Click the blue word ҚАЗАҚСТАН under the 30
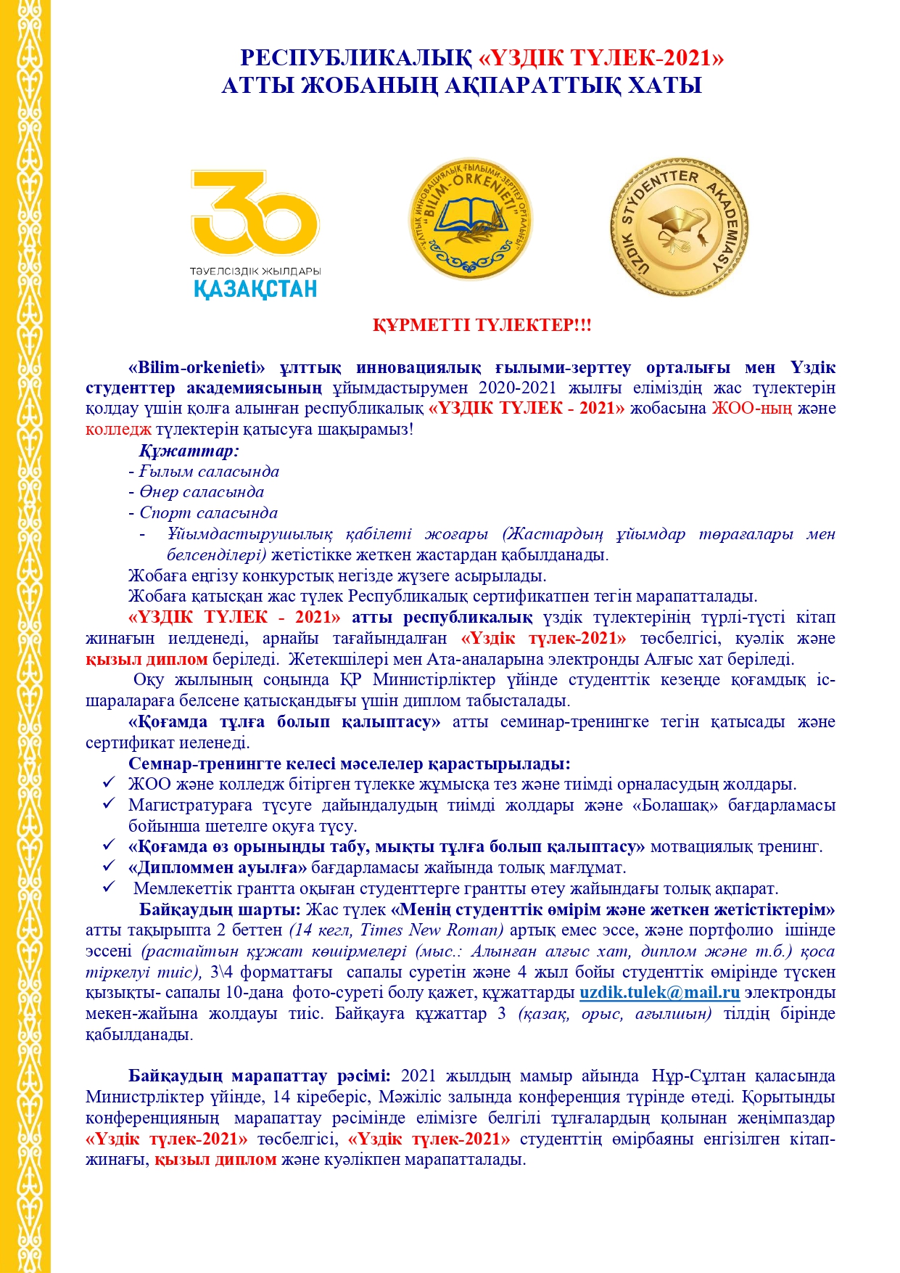[255, 289]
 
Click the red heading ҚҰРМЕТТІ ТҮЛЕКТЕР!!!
[482, 325]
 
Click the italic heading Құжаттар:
[189, 451]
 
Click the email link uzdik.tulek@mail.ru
[659, 993]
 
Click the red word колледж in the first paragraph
[118, 429]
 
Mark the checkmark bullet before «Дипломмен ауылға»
[109, 867]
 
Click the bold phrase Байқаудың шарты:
[220, 909]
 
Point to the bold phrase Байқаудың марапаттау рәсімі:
[260, 1076]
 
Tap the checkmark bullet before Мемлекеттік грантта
[109, 888]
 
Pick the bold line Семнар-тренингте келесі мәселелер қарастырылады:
[349, 764]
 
